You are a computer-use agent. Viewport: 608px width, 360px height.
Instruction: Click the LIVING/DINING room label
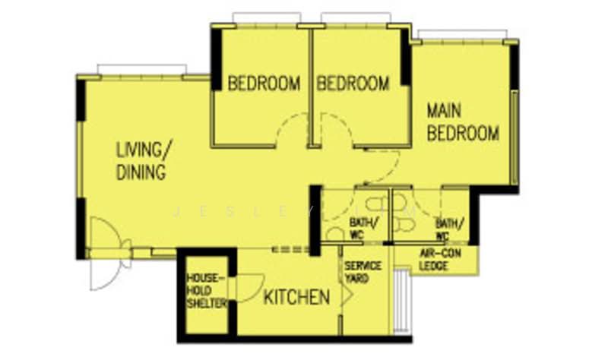[142, 160]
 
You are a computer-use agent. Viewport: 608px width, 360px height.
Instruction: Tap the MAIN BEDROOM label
[462, 122]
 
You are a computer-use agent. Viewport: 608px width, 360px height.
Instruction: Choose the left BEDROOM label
[264, 83]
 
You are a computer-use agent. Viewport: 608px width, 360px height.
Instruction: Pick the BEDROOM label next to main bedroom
[353, 83]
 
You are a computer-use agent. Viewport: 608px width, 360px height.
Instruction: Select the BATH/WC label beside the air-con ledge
[449, 229]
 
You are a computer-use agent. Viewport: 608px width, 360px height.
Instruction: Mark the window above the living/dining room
[142, 70]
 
